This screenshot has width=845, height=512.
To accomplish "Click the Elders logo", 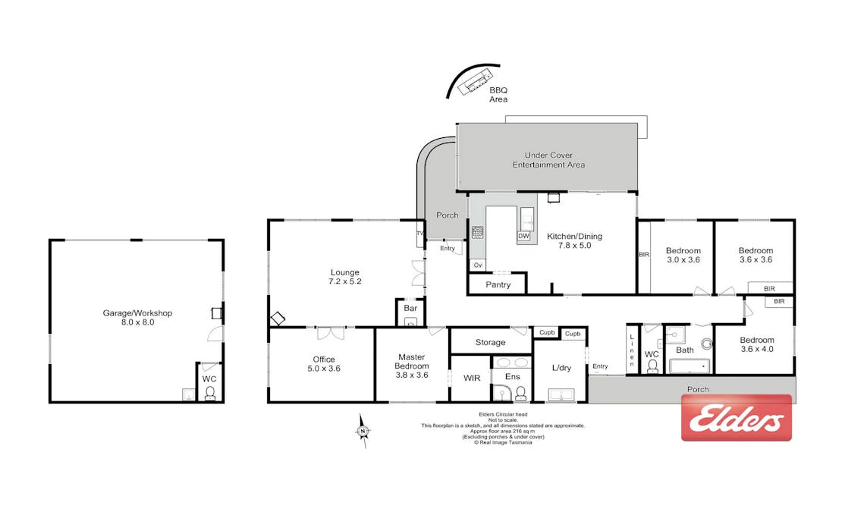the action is tap(736, 418).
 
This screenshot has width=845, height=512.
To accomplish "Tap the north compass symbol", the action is tap(363, 431).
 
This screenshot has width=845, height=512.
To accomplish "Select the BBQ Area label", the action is tap(498, 95).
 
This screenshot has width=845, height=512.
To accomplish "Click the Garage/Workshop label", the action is tap(137, 317).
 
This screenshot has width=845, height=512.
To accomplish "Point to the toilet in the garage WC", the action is tap(209, 393).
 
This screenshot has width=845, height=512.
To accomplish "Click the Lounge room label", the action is tap(345, 277).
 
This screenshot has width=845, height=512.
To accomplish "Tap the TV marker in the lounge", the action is tap(420, 234).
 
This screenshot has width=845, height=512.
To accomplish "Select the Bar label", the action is tap(410, 308).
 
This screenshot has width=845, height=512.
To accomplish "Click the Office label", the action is tap(324, 364).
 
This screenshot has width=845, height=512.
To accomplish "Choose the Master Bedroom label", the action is tap(412, 366).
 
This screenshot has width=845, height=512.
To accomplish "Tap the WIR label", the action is tap(472, 379).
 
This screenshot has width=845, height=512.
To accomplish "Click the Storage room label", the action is tap(491, 342).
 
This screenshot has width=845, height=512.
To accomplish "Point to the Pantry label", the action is tap(498, 284).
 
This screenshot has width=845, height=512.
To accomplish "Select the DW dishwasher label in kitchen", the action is tap(523, 236).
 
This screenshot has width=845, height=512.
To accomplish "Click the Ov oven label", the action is tap(477, 265).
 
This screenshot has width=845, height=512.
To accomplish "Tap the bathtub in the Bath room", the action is tap(690, 366).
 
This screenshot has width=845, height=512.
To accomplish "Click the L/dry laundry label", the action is tap(561, 368).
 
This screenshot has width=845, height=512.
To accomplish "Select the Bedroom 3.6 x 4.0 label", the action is tap(756, 344).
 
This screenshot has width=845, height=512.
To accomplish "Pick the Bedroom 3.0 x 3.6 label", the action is tap(683, 255).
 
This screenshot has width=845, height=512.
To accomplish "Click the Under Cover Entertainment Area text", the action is tap(548, 160).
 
